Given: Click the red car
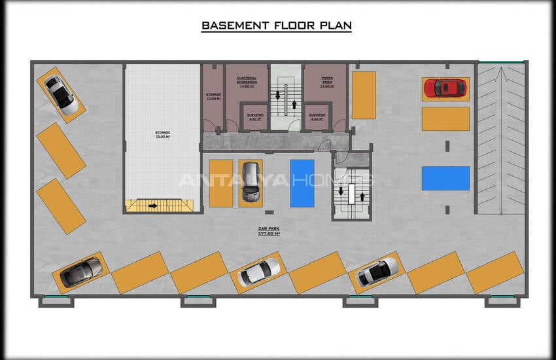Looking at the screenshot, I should point(445,88).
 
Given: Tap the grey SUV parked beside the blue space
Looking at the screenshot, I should point(251,182).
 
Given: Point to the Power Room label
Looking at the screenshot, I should point(327,82).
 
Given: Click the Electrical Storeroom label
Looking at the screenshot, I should point(247,82).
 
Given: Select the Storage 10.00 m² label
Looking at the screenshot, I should point(213,97).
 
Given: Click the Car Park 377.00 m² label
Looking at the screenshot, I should point(268,231).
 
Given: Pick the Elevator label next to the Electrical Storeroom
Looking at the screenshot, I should point(255,117).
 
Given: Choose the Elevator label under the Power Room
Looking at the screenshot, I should point(317,117).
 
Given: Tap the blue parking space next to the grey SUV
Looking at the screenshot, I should point(302,183).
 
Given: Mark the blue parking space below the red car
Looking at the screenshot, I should point(445,178).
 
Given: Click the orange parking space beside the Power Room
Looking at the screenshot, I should point(364,95).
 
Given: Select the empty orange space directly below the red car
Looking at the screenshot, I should point(445,118).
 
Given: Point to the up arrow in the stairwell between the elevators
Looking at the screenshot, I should point(294,103).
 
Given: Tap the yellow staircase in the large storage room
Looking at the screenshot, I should point(160,206).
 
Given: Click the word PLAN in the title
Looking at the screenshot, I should point(334,26).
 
